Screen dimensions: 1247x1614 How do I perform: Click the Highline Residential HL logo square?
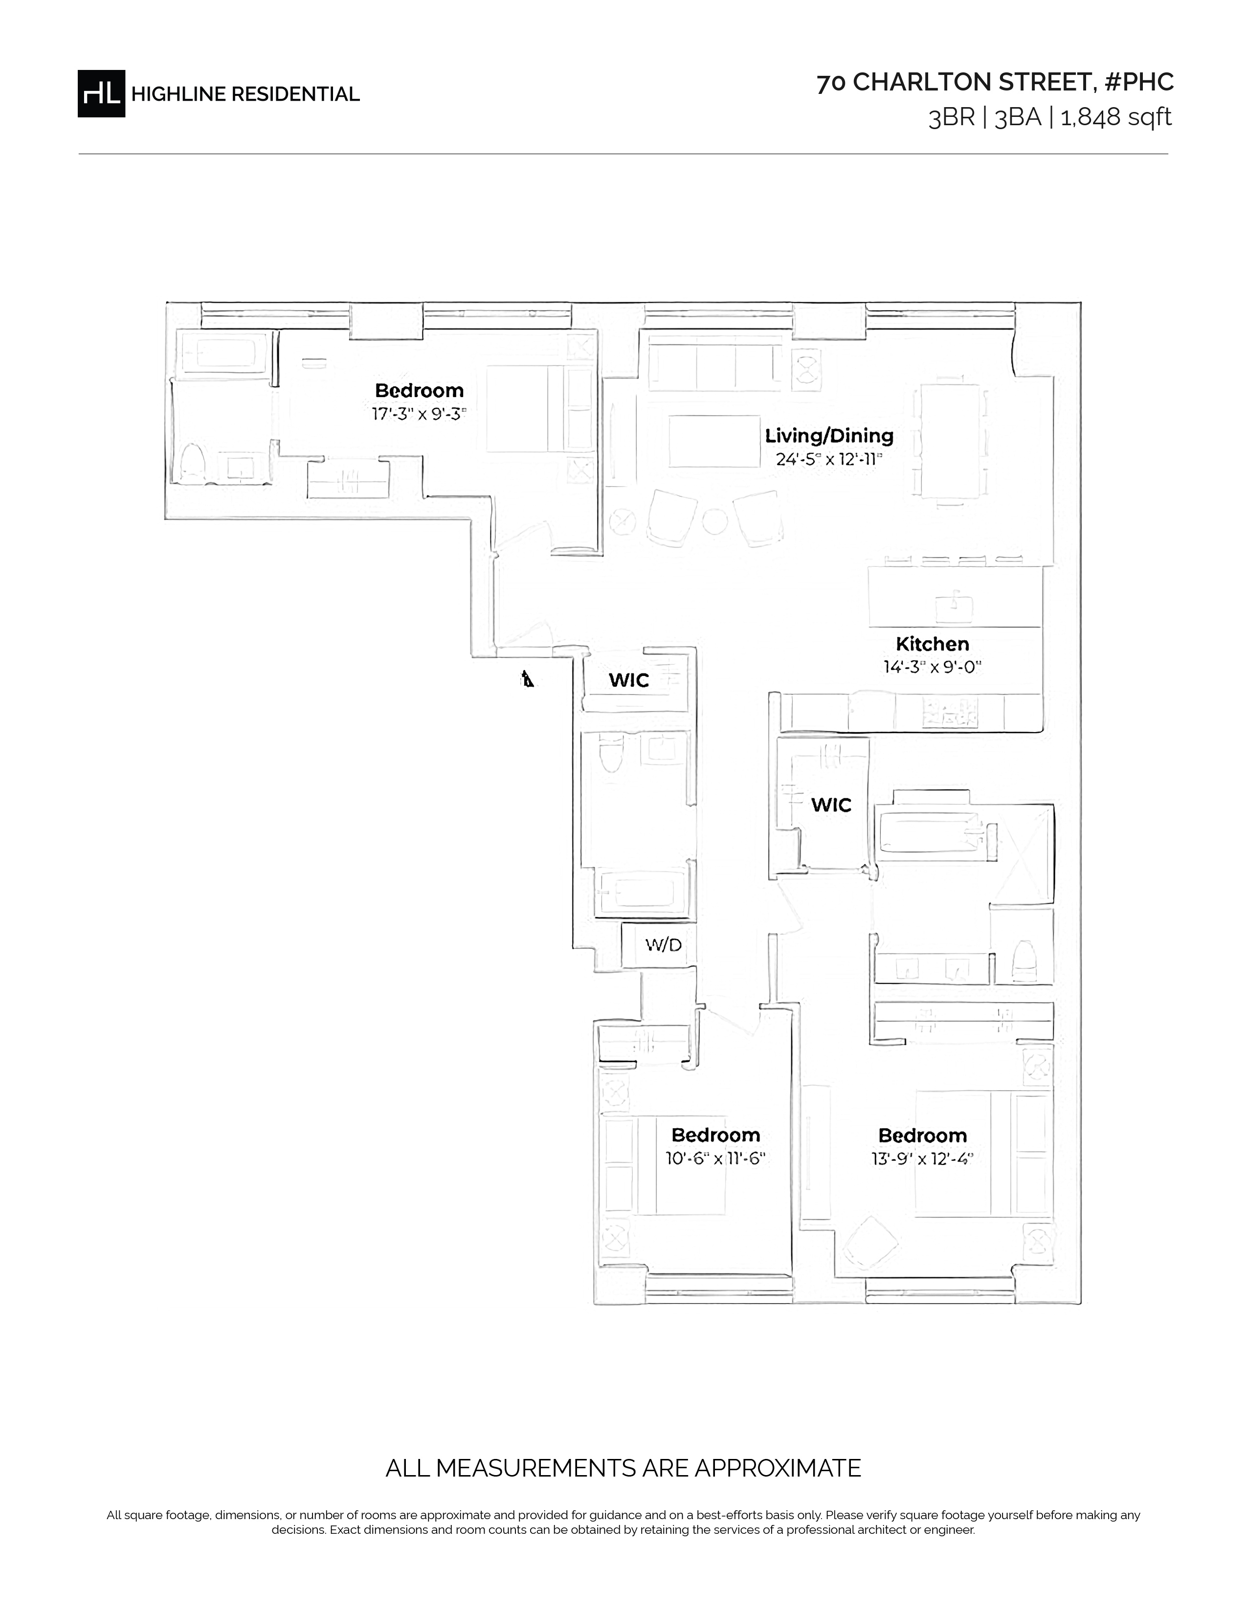(101, 94)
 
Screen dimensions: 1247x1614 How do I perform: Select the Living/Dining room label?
(829, 436)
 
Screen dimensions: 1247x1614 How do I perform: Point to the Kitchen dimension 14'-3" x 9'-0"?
(932, 667)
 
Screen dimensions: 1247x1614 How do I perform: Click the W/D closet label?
(664, 944)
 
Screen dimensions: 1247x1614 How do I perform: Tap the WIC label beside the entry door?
(629, 680)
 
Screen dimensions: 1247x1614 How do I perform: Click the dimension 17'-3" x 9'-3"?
(419, 414)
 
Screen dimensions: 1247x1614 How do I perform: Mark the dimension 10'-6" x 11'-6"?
(715, 1159)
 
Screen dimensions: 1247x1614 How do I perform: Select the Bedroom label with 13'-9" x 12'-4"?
(922, 1135)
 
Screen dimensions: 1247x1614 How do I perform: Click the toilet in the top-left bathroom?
(192, 463)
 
